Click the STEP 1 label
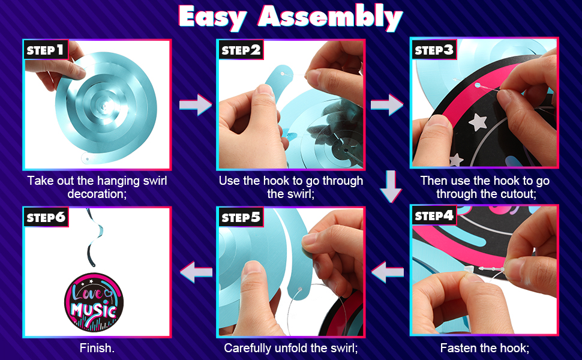[x=46, y=50]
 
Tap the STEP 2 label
[x=241, y=50]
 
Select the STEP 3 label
[x=434, y=49]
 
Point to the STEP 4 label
[x=434, y=215]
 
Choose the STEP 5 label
[x=241, y=217]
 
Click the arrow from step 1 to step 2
[x=196, y=105]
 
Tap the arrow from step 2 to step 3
[x=387, y=105]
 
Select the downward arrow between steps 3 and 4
[x=391, y=187]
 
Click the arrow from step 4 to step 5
[x=387, y=272]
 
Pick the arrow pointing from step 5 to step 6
[x=196, y=272]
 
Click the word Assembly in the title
[x=331, y=17]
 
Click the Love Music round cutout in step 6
[x=94, y=302]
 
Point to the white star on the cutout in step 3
[x=478, y=122]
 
